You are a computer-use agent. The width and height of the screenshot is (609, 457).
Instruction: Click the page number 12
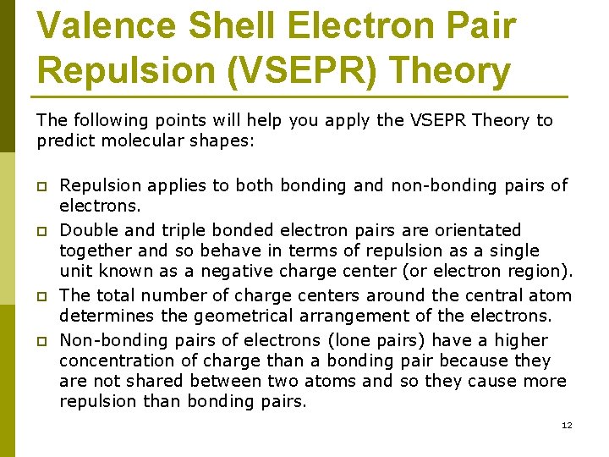(x=567, y=425)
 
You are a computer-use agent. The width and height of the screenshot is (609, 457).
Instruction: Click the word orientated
(x=480, y=230)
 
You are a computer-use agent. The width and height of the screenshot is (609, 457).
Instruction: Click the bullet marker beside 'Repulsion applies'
(x=41, y=186)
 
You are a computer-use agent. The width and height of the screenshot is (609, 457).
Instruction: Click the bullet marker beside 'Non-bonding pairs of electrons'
(x=41, y=342)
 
